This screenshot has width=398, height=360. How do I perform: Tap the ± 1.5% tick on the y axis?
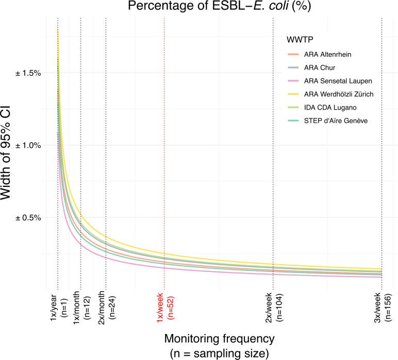(x=28, y=73)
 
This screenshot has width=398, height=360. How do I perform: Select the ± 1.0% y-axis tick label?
(x=28, y=145)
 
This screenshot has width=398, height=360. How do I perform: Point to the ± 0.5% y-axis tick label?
(x=28, y=217)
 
